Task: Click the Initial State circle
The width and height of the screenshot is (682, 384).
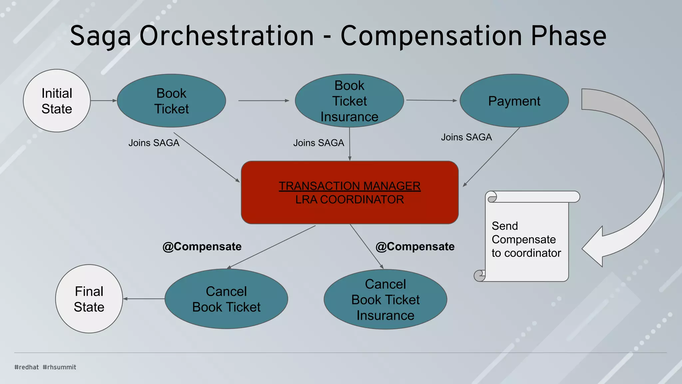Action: [57, 101]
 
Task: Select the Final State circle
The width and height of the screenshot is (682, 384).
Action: [89, 299]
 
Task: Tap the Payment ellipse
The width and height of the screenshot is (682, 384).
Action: [514, 101]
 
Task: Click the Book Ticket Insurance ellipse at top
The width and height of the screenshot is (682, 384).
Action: [349, 101]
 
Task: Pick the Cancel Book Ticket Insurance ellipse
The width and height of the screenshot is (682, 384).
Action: [385, 299]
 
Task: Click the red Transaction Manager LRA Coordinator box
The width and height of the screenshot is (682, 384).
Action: [350, 192]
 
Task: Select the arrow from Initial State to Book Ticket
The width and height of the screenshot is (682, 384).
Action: [104, 100]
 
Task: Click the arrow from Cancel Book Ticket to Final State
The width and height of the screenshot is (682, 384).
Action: [144, 299]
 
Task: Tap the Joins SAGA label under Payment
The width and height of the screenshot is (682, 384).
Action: [466, 137]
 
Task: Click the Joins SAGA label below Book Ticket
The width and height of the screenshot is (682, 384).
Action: [154, 143]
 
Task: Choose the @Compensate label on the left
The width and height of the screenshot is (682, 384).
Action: [202, 246]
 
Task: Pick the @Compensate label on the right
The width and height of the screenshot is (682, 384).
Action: [415, 246]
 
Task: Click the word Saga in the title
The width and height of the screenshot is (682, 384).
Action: [100, 36]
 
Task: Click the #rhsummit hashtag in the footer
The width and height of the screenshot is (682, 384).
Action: [59, 367]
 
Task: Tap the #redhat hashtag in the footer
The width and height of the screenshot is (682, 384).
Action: [27, 367]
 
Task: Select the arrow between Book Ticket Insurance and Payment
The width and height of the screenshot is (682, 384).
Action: [432, 100]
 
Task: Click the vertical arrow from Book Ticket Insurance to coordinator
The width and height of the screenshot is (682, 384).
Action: [350, 144]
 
